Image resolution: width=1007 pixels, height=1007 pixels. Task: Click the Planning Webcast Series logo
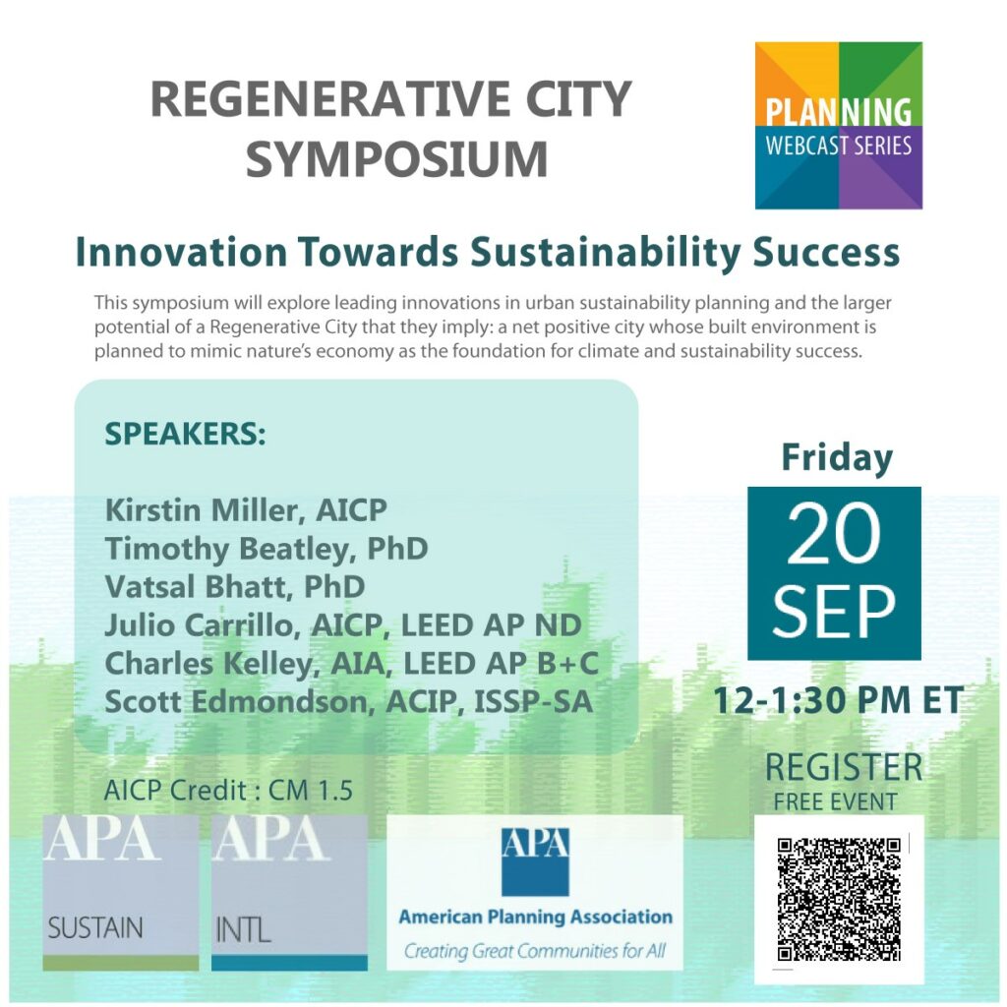838,125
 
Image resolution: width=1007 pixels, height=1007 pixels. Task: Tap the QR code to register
838,899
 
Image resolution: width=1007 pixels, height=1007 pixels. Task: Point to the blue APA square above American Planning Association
535,861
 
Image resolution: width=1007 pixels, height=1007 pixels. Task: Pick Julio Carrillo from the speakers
199,624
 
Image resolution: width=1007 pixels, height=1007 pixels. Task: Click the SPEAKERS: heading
185,434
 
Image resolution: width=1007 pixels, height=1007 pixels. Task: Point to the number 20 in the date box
834,534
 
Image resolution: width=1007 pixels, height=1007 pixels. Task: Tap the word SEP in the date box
834,611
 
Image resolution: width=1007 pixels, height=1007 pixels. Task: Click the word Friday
837,458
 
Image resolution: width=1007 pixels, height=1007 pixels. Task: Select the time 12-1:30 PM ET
838,700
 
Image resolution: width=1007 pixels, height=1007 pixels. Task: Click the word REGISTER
843,767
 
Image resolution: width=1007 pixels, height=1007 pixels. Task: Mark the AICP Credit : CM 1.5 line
228,790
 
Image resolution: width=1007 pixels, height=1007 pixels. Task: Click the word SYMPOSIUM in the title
397,158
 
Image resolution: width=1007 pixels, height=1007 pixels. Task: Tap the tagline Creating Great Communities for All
534,951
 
